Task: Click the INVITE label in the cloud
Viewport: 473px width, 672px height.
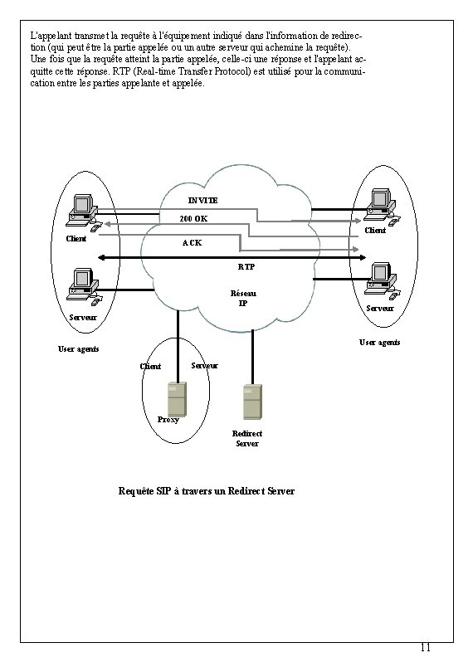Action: tap(202, 201)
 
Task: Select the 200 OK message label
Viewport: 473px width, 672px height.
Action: tap(193, 219)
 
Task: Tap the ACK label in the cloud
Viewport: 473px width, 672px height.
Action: tap(192, 243)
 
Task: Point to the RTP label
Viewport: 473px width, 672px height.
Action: tap(246, 267)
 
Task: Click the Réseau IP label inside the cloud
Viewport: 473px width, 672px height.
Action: tap(243, 299)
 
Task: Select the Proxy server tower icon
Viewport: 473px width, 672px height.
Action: tap(177, 399)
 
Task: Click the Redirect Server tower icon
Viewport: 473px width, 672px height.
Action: tap(252, 402)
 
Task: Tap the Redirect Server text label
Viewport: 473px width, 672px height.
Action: tap(247, 439)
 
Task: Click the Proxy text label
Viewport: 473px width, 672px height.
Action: tap(168, 420)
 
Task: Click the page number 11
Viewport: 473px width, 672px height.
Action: tap(425, 647)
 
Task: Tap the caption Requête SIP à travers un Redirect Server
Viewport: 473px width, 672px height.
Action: tap(207, 491)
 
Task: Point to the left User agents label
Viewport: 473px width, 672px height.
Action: tap(78, 348)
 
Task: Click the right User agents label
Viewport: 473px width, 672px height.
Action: tap(379, 342)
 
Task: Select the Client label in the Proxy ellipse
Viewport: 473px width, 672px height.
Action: tap(150, 367)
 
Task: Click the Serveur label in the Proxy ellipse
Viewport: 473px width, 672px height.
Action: tap(204, 366)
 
